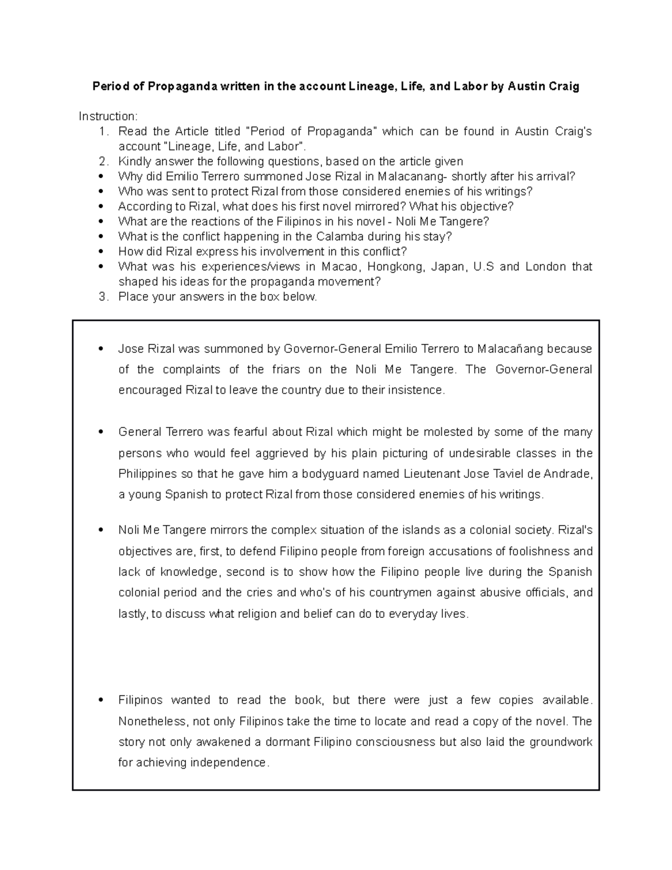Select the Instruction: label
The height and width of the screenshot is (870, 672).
point(108,117)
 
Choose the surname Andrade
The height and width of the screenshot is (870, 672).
point(567,474)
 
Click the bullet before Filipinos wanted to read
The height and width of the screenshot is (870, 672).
point(101,700)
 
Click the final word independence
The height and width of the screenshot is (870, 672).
point(229,763)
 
